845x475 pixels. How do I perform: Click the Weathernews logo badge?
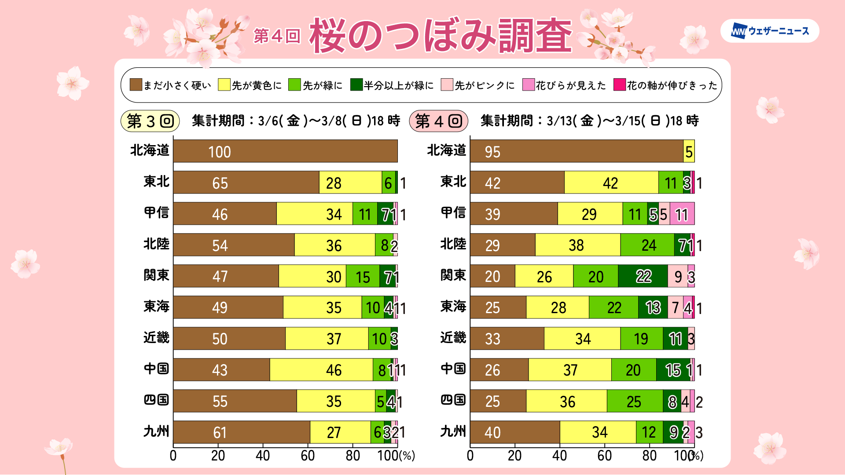tap(769, 31)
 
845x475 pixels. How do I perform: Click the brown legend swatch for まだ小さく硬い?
tap(136, 85)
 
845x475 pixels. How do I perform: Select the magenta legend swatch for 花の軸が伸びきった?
tap(619, 85)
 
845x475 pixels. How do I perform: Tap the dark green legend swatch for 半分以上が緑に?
tap(356, 85)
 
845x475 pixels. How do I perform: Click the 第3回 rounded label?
tap(150, 121)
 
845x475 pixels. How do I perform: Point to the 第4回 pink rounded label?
tap(438, 121)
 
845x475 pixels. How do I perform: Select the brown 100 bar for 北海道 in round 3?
tap(285, 151)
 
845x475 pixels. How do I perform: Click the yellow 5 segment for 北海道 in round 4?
tap(689, 151)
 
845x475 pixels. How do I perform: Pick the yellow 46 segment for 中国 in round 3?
tap(321, 370)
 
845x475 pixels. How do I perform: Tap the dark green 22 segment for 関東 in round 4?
tap(643, 276)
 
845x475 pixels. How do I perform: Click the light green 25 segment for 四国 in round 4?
tap(635, 401)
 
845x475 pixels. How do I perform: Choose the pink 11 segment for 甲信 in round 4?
tap(682, 214)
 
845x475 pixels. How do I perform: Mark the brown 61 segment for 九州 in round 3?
tap(242, 432)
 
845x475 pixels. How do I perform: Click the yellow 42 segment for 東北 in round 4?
tap(611, 183)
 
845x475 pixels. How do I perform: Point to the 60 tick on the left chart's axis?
tap(308, 456)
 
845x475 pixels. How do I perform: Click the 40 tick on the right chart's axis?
tap(559, 456)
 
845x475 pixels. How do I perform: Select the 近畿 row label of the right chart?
tap(453, 338)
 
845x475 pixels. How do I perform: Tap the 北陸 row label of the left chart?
tap(156, 244)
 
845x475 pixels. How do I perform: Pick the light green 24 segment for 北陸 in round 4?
tap(647, 245)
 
